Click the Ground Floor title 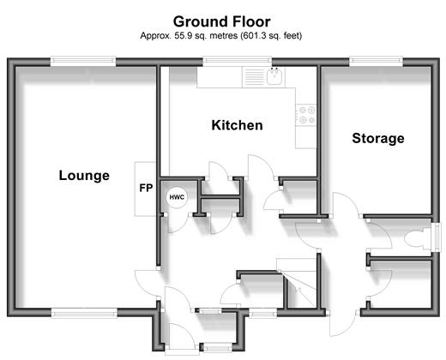222,21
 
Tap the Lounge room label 84,176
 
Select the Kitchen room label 237,125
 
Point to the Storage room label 378,139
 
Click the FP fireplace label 146,188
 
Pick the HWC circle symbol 177,197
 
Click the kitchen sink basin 274,76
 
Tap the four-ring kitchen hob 306,115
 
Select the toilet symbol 418,237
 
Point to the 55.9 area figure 184,36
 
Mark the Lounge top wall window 83,61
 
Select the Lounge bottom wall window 84,313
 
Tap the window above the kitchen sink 238,61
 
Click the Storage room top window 376,61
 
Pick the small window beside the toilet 437,237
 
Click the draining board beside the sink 254,76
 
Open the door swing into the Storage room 346,203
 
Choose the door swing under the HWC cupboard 178,223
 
